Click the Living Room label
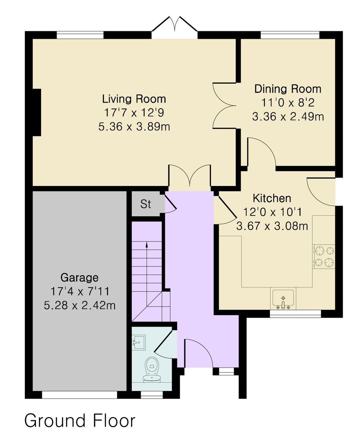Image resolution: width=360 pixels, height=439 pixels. pyautogui.click(x=134, y=99)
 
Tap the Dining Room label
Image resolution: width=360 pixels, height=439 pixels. pyautogui.click(x=288, y=89)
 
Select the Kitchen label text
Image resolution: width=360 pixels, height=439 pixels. pyautogui.click(x=272, y=198)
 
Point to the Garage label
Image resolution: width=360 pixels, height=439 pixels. pyautogui.click(x=79, y=277)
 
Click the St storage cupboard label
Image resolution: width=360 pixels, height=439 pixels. pyautogui.click(x=145, y=204)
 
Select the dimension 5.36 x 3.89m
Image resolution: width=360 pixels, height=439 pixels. pyautogui.click(x=134, y=127)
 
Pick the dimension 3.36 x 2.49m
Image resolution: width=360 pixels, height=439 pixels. pyautogui.click(x=288, y=116)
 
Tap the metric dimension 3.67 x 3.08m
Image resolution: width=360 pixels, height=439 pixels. pyautogui.click(x=272, y=226)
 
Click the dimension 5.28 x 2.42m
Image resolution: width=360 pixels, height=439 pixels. pyautogui.click(x=80, y=306)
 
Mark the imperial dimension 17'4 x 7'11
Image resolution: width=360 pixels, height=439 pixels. pyautogui.click(x=80, y=291)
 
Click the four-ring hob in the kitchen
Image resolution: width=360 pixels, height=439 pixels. pyautogui.click(x=324, y=256)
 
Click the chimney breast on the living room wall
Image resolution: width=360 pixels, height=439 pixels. pyautogui.click(x=36, y=112)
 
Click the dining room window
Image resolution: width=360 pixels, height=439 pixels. pyautogui.click(x=290, y=35)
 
